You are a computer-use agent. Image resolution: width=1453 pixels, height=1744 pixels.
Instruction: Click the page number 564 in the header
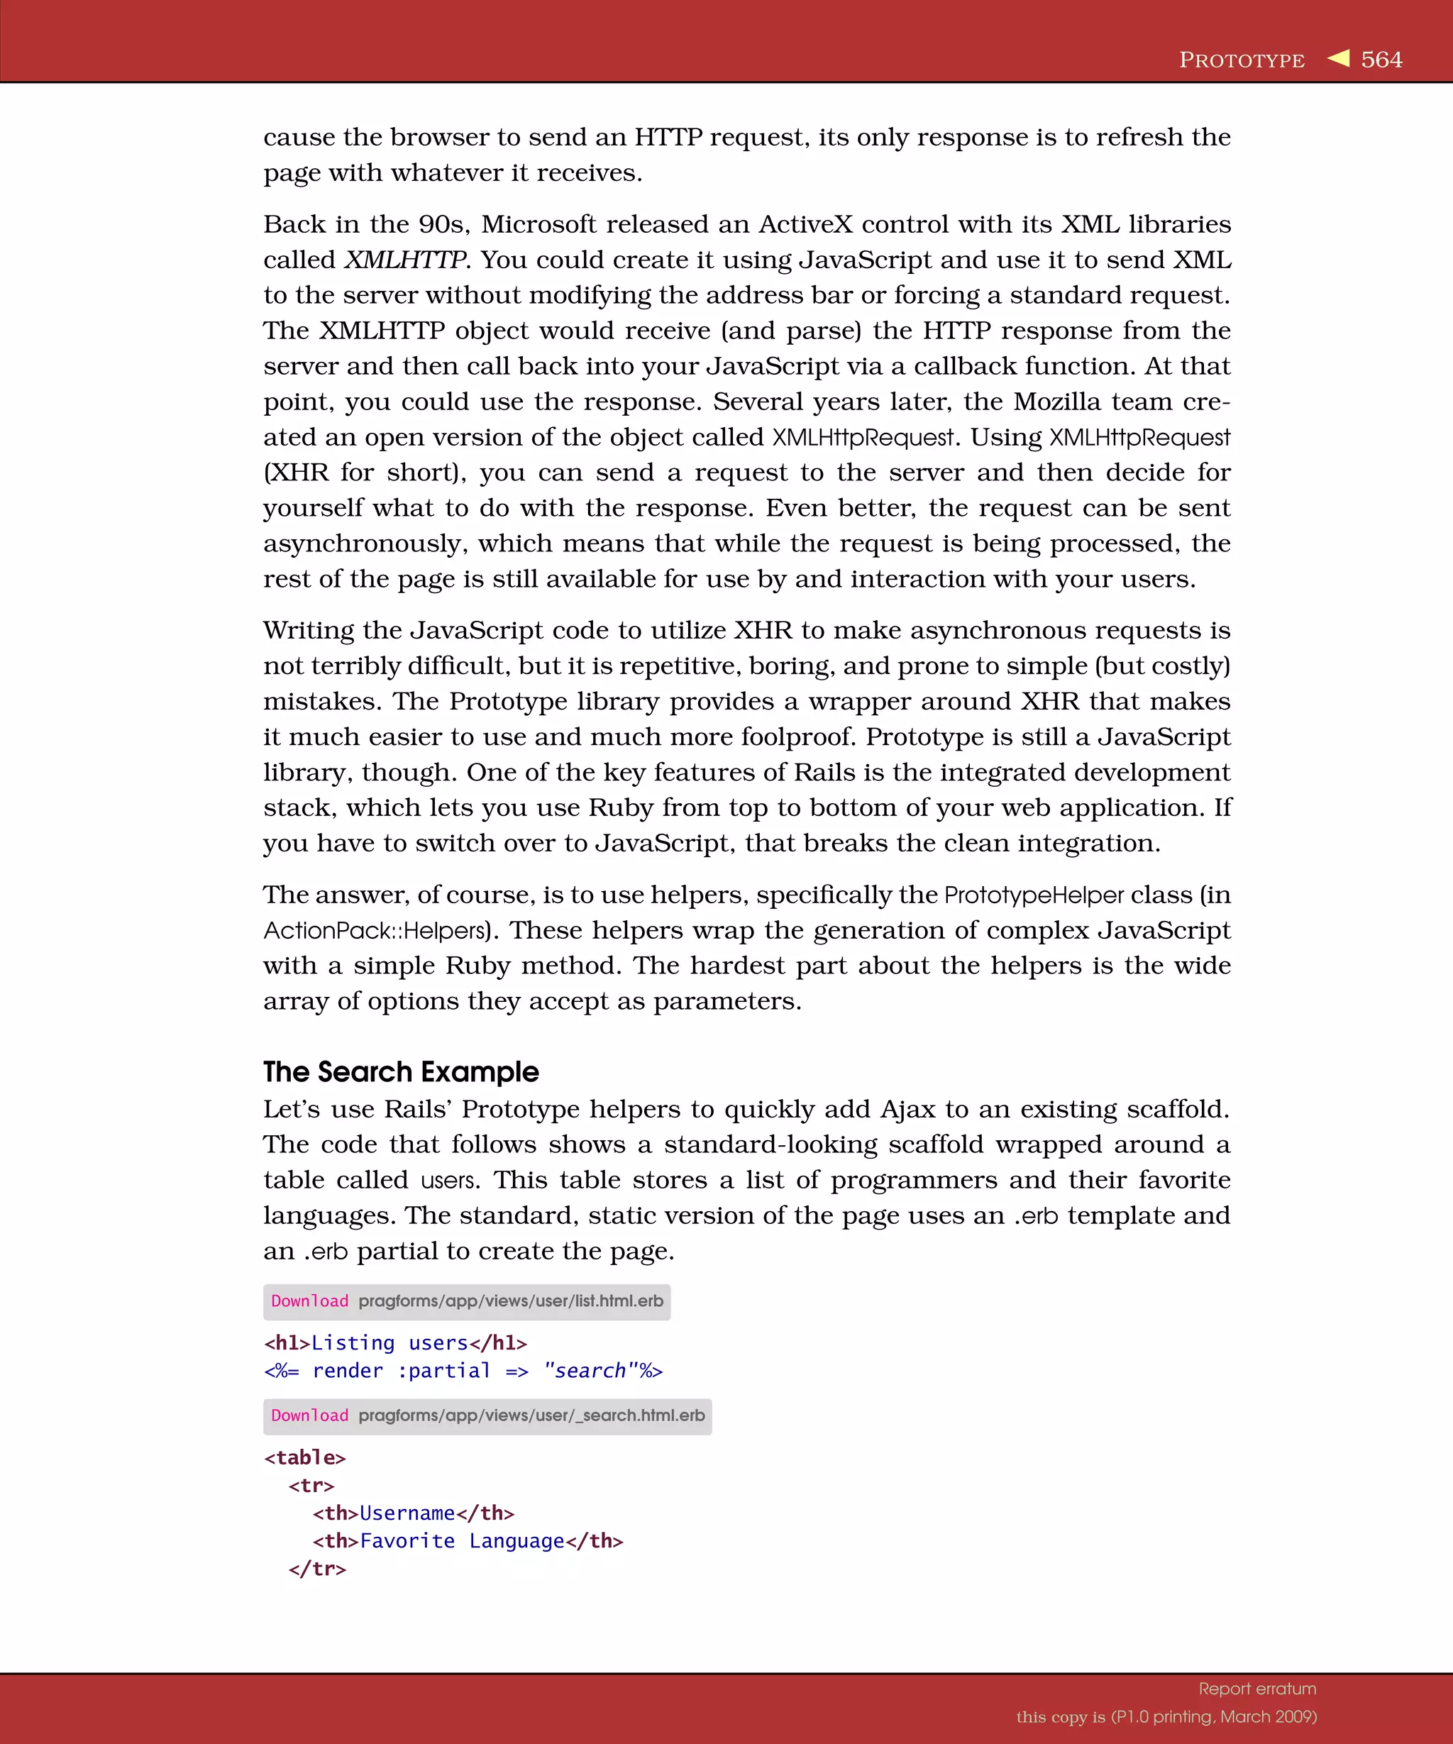click(1381, 60)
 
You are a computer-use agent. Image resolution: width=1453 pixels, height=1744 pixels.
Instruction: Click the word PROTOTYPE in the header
click(1242, 60)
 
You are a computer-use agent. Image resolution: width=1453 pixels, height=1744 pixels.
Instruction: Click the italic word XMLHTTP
click(405, 260)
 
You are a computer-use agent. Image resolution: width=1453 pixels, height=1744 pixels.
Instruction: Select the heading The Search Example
click(401, 1071)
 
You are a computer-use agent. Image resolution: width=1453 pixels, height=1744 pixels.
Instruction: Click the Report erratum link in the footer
click(1257, 1689)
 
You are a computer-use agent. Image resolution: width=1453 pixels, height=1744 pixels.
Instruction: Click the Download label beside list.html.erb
click(310, 1301)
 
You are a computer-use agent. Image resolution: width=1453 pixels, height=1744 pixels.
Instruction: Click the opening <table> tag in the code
click(304, 1457)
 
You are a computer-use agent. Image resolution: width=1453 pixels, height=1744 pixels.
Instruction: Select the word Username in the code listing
click(407, 1513)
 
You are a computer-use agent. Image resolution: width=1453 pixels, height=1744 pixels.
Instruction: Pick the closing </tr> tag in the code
click(317, 1569)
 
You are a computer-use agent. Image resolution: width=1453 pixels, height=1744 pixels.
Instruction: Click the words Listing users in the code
click(390, 1343)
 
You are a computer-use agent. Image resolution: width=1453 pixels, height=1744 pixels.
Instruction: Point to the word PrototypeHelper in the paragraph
click(1033, 895)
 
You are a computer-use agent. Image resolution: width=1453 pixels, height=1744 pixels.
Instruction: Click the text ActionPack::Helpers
click(375, 931)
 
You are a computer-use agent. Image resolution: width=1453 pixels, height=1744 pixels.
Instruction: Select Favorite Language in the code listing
click(462, 1541)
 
